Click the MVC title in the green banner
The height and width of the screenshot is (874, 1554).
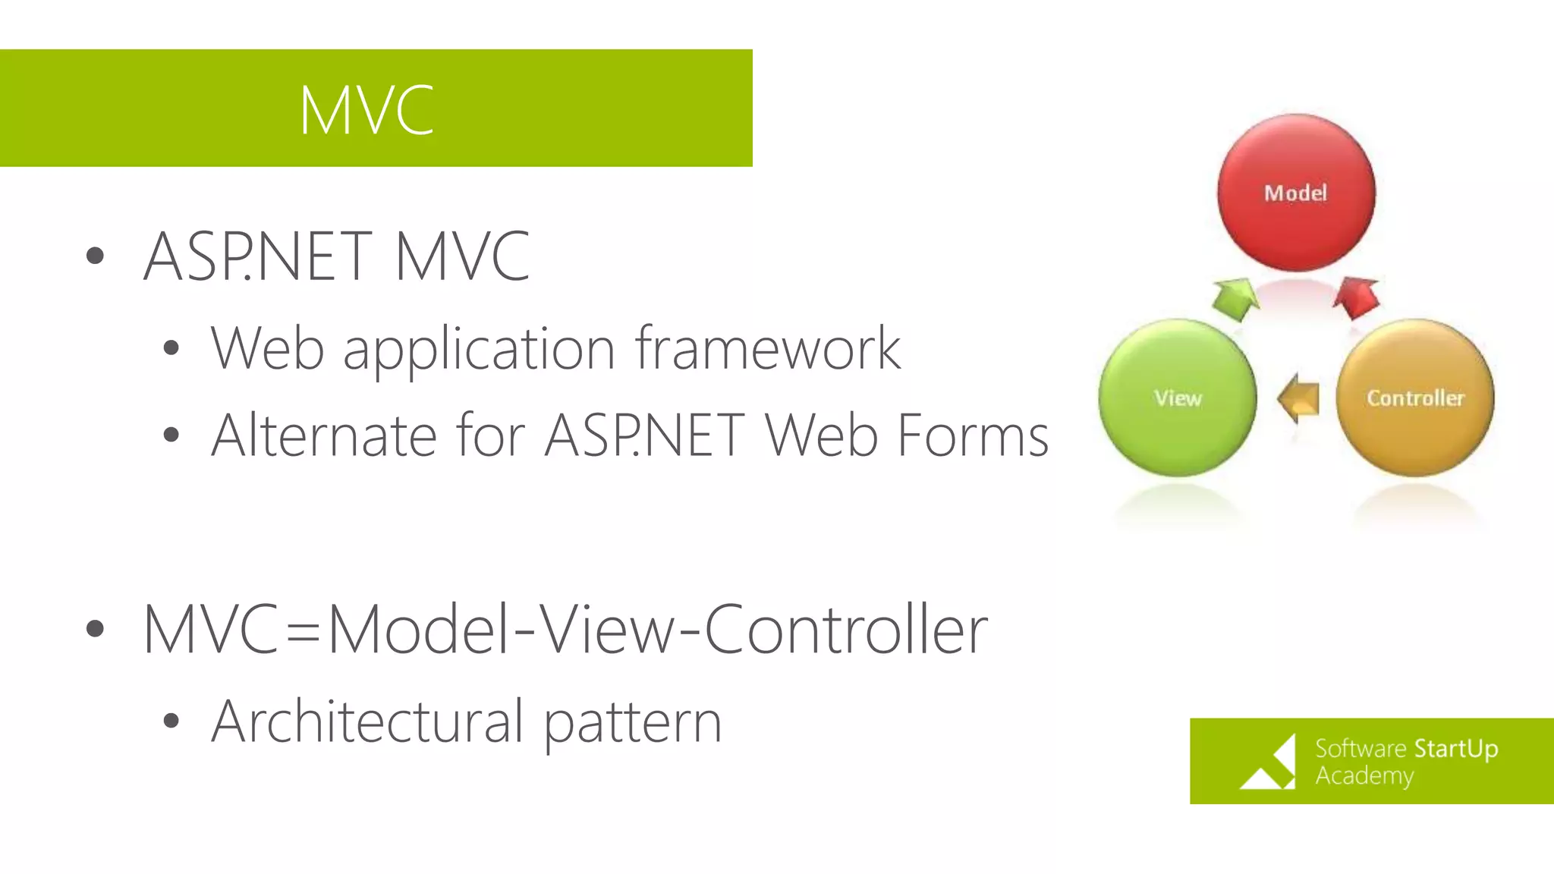366,111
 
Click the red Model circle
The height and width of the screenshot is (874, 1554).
1296,193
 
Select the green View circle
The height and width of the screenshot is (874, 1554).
1178,398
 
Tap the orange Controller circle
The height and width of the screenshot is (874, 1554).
1415,398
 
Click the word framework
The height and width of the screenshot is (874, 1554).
768,349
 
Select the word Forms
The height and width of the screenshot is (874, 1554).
973,436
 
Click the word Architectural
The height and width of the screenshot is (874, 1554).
367,722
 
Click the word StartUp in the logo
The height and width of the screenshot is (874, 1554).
1455,749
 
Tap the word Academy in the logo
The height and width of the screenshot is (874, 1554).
1364,776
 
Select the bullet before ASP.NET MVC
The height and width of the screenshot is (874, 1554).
95,256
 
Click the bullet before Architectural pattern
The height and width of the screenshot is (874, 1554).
171,721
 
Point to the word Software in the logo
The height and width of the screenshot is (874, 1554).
1361,749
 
